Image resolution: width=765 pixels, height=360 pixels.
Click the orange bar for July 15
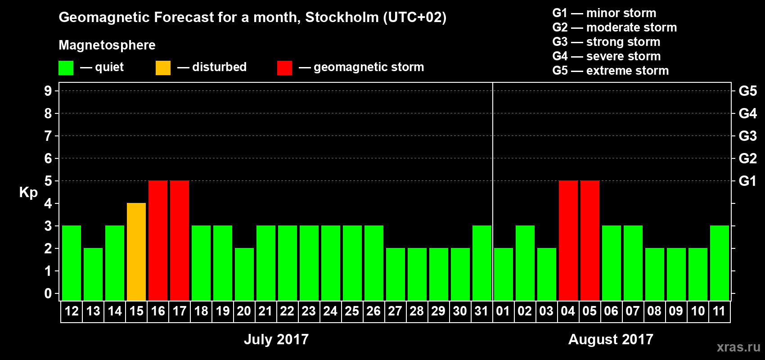(x=136, y=252)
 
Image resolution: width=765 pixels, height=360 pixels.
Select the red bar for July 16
(x=158, y=240)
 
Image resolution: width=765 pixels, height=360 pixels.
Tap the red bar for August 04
(x=568, y=240)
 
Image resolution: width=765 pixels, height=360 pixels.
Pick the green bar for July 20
(x=244, y=274)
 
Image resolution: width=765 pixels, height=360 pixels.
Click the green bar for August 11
(x=720, y=263)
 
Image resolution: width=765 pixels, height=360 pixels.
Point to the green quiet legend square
(x=66, y=68)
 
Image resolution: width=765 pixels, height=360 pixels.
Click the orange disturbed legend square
(x=163, y=68)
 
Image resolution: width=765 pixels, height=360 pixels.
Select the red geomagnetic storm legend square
(x=284, y=68)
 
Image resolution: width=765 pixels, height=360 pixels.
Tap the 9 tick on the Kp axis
(x=48, y=91)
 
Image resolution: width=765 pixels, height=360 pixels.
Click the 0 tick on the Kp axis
(x=48, y=293)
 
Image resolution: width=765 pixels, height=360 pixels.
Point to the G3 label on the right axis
(x=747, y=136)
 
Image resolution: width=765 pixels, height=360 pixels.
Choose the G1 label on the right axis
(x=747, y=181)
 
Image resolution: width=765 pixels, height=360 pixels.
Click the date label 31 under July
(x=481, y=311)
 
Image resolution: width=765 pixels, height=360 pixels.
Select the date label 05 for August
(x=589, y=311)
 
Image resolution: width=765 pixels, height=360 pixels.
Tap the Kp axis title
(x=28, y=192)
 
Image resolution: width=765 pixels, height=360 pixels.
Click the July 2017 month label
(x=276, y=339)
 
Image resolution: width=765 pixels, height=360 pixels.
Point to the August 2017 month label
(x=611, y=339)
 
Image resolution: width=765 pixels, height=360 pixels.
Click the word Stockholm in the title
(x=342, y=18)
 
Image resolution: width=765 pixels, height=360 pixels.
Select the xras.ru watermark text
(x=738, y=347)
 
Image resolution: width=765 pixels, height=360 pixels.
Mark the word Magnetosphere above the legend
(x=107, y=45)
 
